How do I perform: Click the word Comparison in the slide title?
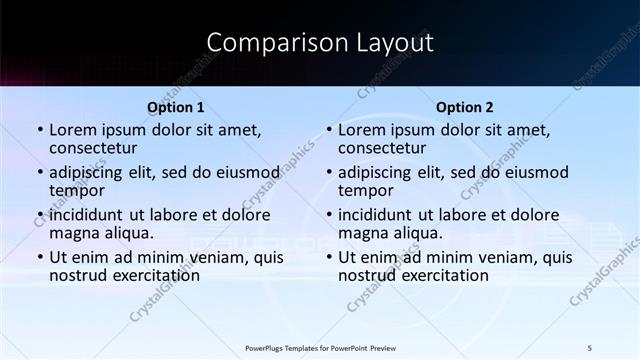click(265, 43)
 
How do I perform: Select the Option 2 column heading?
click(465, 107)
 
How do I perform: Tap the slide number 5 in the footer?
click(590, 347)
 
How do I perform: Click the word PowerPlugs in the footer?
click(265, 347)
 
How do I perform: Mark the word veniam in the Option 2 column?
click(510, 257)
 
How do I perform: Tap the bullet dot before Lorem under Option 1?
click(40, 130)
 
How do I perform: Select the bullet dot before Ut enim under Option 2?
click(329, 257)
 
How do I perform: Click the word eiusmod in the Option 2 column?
click(535, 172)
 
